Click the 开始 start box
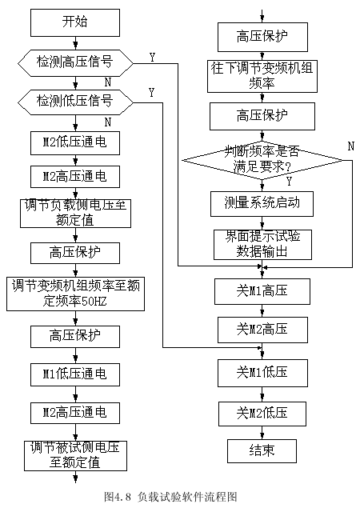75,22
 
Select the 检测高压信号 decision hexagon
75,63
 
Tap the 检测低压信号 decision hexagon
75,102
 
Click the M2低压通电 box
75,143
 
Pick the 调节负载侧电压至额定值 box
75,214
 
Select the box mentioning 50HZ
75,294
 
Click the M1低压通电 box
75,374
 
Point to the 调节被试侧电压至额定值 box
75,456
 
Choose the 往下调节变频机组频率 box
262,76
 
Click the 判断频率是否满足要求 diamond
262,161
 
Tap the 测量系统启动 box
262,204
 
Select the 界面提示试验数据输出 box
262,245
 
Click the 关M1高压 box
262,291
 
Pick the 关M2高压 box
262,330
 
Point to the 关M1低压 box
262,373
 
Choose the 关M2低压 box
262,414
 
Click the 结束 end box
262,451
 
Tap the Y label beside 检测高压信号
152,58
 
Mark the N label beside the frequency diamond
351,146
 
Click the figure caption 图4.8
118,497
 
